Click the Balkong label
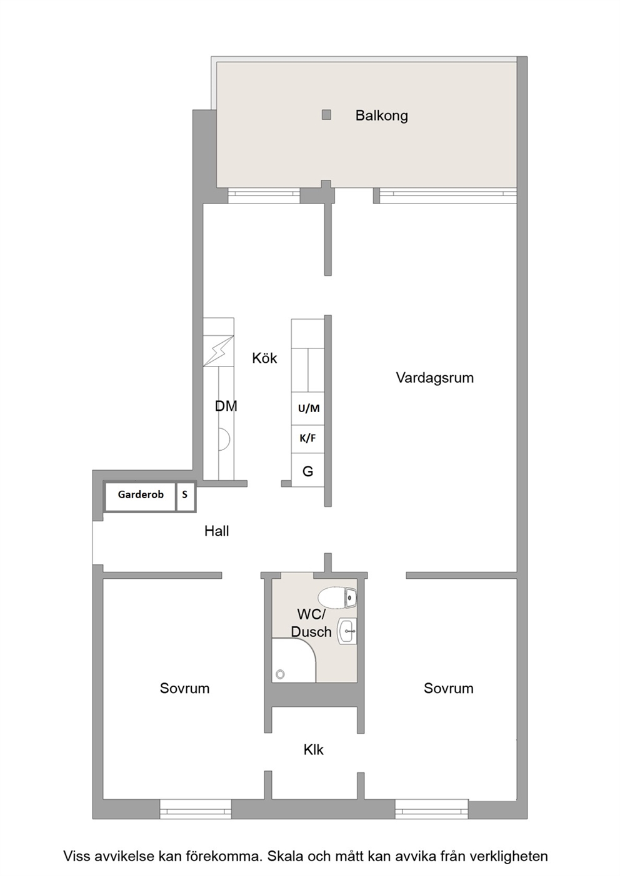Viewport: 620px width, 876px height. tap(382, 116)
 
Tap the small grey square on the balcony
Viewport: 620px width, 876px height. tap(326, 115)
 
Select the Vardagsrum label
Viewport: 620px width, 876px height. tap(435, 378)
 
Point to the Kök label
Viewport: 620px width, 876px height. tap(264, 358)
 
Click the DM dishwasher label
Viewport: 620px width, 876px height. tap(226, 406)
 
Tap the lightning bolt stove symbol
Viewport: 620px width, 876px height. tap(218, 351)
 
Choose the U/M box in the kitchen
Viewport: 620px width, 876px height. tap(308, 409)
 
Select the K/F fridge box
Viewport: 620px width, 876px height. tap(308, 439)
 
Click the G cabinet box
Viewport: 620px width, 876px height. tap(308, 470)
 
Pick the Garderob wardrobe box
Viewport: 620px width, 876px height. tap(140, 496)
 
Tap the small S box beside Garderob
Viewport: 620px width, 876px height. tap(186, 496)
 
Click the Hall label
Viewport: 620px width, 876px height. tap(216, 531)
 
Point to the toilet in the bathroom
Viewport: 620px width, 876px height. tap(337, 598)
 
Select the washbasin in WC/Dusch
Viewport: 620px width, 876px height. tap(347, 631)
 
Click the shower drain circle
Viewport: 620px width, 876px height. tap(280, 674)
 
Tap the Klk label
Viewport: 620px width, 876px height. tap(314, 750)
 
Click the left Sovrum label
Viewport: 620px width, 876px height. tap(185, 688)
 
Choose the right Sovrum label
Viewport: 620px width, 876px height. tap(449, 688)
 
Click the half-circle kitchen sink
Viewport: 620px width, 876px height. tap(224, 439)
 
